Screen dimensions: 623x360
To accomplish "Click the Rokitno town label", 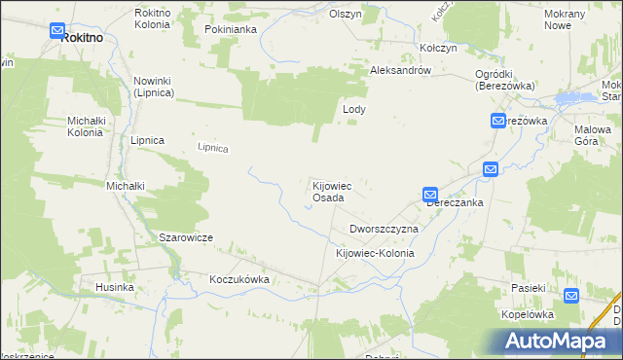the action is (82, 37).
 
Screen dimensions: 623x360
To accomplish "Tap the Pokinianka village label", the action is (231, 30).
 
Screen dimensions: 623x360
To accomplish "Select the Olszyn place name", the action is (346, 15).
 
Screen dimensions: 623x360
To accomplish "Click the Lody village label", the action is (353, 110).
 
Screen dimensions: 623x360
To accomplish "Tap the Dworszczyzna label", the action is (384, 229).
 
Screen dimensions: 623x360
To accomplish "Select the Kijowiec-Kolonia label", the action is (375, 253).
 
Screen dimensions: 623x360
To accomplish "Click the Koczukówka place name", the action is (238, 278).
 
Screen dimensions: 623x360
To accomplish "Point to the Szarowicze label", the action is (186, 237).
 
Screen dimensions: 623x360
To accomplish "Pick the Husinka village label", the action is (114, 288).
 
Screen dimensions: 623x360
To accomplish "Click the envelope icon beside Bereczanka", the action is (430, 195).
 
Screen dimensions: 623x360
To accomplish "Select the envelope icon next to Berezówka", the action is (497, 121).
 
